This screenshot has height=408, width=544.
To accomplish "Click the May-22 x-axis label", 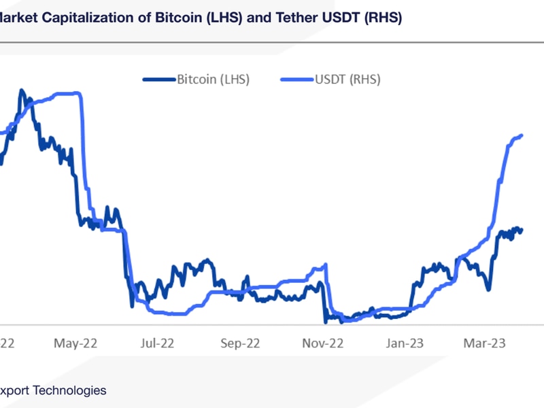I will [x=75, y=343].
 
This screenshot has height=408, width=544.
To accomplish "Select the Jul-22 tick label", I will [x=158, y=343].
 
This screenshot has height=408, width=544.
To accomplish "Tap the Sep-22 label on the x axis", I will [x=241, y=343].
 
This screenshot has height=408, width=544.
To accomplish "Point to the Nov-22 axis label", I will [x=323, y=343].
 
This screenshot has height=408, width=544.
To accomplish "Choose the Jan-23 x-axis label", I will [x=405, y=343].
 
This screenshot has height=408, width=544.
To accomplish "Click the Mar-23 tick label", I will [x=483, y=343].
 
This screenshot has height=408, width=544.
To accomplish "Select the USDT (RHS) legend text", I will [x=347, y=80].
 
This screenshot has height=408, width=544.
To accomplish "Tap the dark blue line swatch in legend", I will [x=158, y=80].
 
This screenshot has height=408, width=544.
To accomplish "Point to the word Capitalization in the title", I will [x=89, y=18].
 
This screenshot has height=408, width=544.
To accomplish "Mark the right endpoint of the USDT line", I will [x=522, y=135].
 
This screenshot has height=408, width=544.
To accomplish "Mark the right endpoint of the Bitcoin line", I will [x=522, y=230].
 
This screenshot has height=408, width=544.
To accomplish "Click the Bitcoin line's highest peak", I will [x=22, y=90].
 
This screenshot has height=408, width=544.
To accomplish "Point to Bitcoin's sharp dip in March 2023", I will [x=488, y=290].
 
